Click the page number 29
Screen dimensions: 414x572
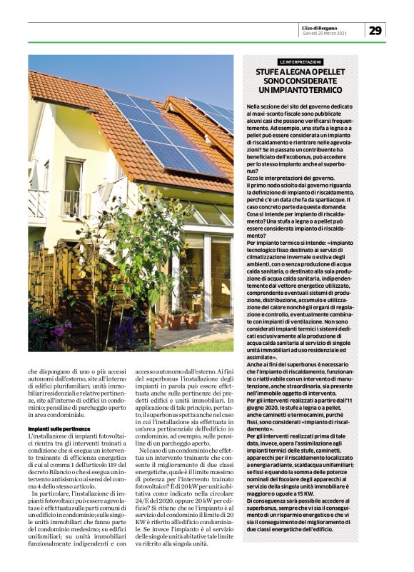pos(377,30)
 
